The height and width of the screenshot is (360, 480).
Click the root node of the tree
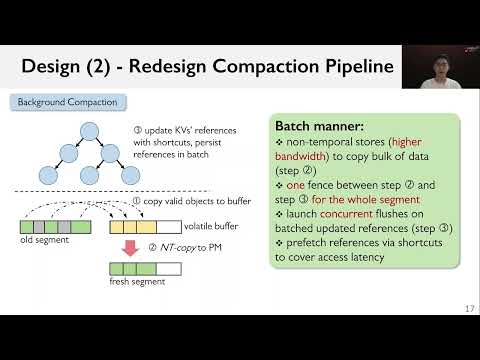(x=90, y=130)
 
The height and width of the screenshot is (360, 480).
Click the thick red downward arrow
(x=130, y=248)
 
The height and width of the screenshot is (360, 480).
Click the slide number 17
(x=469, y=307)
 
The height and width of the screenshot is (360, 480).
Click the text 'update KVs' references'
(x=203, y=131)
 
